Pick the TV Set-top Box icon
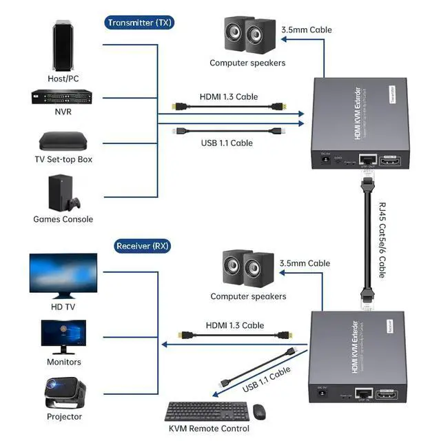[x=63, y=142]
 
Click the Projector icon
[x=63, y=392]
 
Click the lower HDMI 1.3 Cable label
[x=234, y=325]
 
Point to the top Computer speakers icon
[x=247, y=38]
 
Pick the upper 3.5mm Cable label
[x=306, y=30]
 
